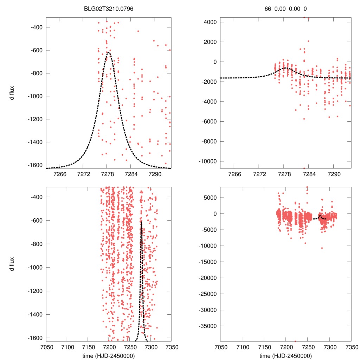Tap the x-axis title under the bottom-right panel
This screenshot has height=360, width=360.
pyautogui.click(x=285, y=355)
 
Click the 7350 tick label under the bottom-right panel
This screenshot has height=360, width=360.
pyautogui.click(x=351, y=347)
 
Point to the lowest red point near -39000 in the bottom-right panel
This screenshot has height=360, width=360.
pyautogui.click(x=295, y=341)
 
